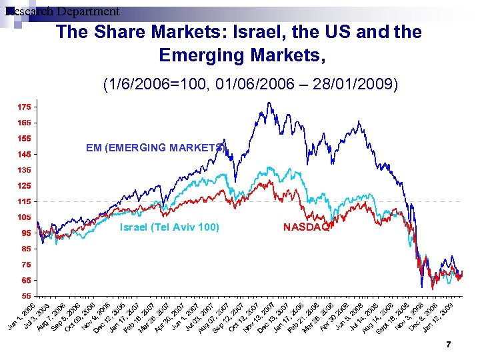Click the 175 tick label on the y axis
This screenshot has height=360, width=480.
click(23, 107)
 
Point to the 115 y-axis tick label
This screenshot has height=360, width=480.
click(23, 201)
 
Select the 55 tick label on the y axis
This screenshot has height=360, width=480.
click(23, 295)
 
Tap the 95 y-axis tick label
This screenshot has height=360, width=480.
click(25, 233)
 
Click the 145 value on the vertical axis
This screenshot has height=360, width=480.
click(23, 154)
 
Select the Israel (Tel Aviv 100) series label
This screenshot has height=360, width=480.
click(169, 227)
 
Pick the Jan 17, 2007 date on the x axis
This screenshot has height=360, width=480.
click(125, 316)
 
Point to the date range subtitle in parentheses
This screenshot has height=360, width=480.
click(250, 84)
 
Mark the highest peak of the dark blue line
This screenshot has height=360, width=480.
click(268, 103)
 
